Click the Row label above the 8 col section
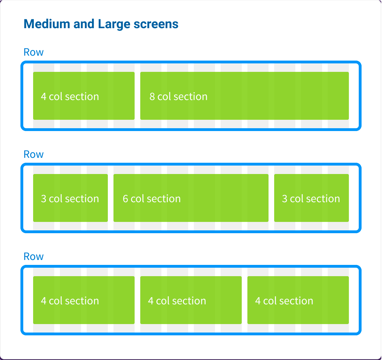coord(33,52)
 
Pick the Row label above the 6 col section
coord(33,155)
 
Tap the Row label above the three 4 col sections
coord(33,257)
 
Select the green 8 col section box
coord(245,96)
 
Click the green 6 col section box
coord(191,198)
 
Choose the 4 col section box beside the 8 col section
coord(84,96)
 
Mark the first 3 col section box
coord(70,198)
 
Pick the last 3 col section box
coord(312,198)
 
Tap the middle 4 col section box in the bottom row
coord(191,300)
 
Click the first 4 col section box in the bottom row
coord(84,300)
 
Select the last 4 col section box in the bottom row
coord(298,300)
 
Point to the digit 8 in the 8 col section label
coord(152,97)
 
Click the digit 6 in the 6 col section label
coord(125,199)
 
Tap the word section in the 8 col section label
coord(190,97)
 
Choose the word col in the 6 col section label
coord(137,199)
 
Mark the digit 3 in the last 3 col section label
coord(285,199)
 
